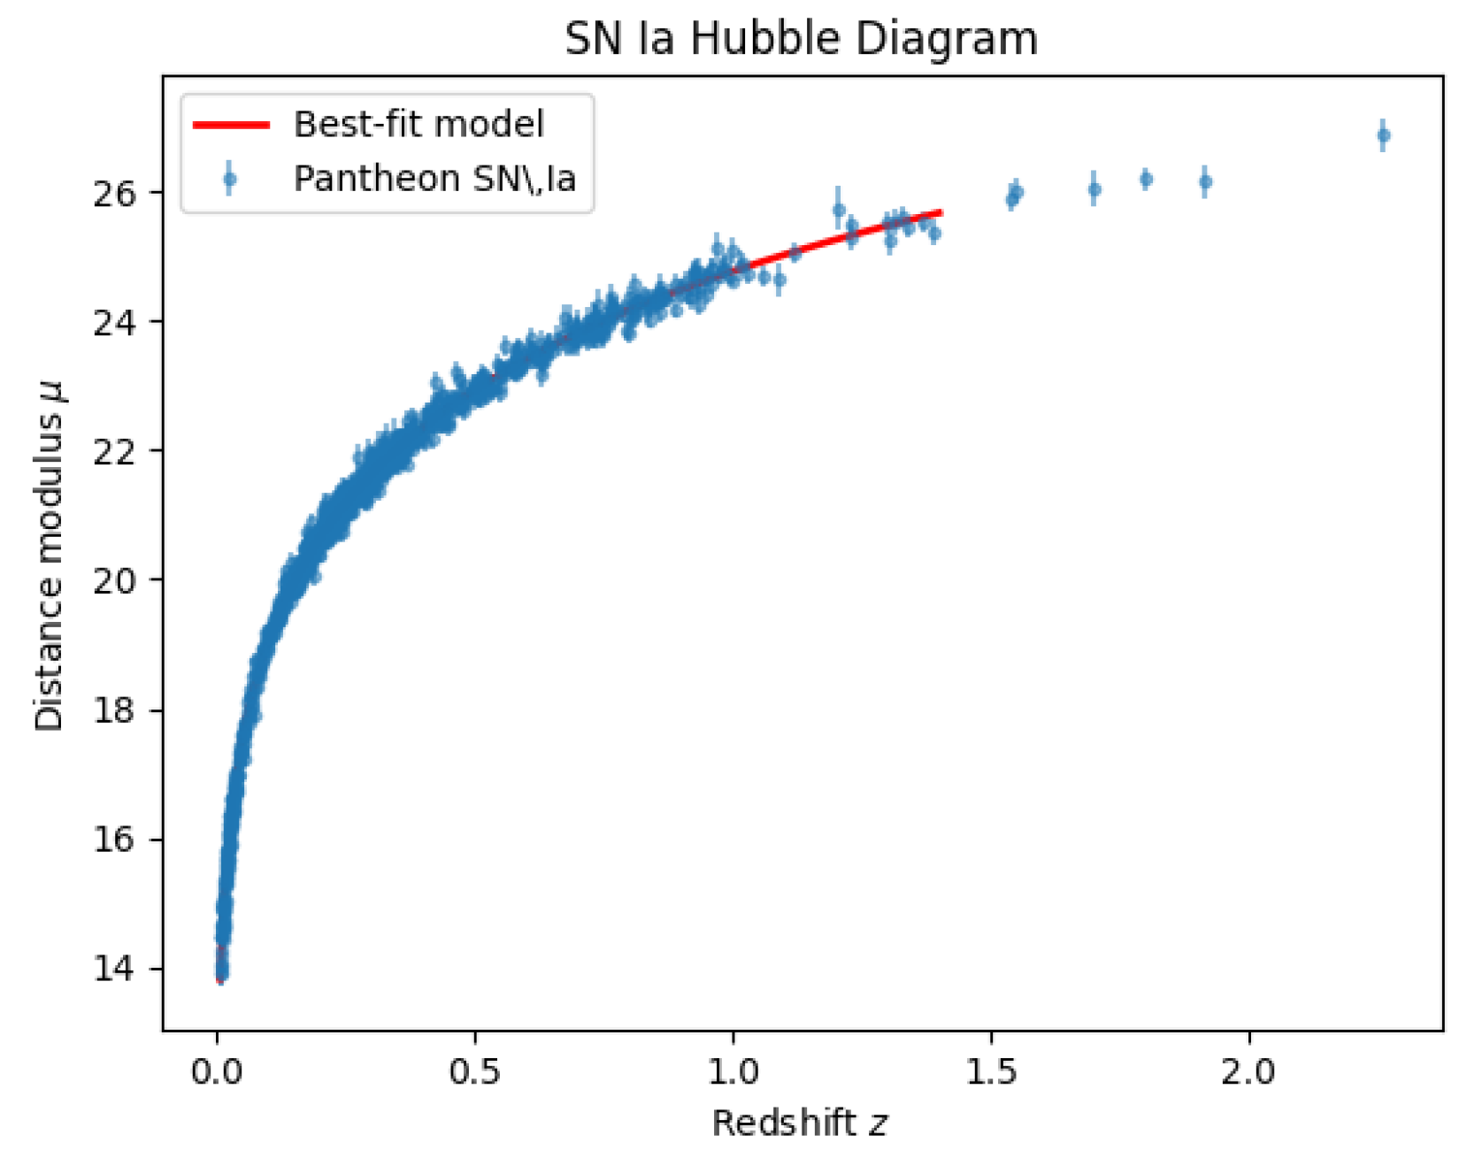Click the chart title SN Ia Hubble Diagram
coord(801,39)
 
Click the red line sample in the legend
coord(231,125)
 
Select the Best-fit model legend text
coord(419,125)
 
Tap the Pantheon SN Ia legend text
coord(434,179)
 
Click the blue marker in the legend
coord(230,180)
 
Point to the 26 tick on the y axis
coord(115,193)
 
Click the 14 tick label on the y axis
coord(115,969)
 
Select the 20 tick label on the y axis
coord(115,580)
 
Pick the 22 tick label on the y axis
coord(115,451)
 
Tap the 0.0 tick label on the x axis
coord(217,1072)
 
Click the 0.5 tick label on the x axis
coord(475,1072)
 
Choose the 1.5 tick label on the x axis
coord(991,1072)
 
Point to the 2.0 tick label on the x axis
coord(1248,1072)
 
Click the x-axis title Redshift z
coord(799,1123)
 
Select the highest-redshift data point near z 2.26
coord(1383,135)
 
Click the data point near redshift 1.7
coord(1094,189)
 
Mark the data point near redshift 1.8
coord(1146,179)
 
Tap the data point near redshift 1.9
coord(1205,182)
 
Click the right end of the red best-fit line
coord(941,212)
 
